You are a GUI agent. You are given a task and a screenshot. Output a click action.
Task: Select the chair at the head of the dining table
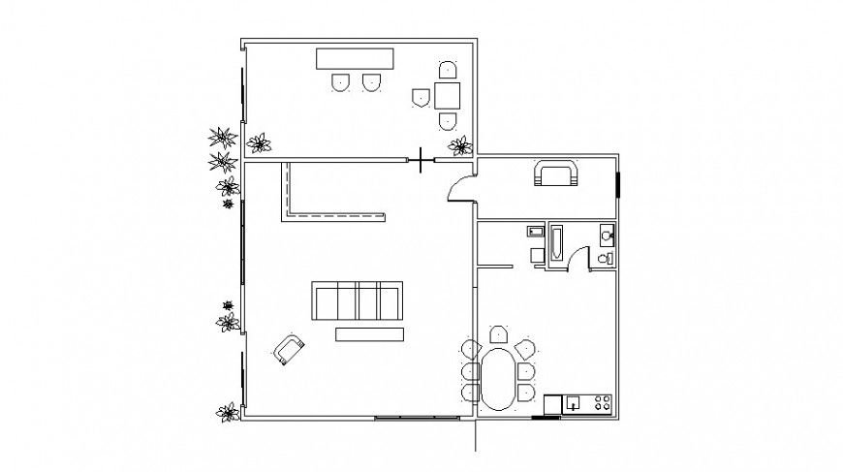(497, 335)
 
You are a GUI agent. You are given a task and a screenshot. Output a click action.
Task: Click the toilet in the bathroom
(605, 258)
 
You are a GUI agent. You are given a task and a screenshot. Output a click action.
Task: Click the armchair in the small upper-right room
(555, 174)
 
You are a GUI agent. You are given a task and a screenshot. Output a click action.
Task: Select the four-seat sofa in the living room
(357, 300)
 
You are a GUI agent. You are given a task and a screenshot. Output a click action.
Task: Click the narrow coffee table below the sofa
(369, 334)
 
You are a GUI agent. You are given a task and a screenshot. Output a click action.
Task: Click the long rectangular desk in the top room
(355, 58)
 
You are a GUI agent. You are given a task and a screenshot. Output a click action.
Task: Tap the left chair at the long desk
(340, 83)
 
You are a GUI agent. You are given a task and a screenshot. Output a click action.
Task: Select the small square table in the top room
(448, 95)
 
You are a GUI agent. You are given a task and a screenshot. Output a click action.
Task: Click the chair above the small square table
(447, 71)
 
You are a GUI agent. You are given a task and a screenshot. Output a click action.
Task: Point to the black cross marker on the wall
(421, 159)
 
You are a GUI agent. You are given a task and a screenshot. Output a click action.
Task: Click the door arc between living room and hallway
(458, 191)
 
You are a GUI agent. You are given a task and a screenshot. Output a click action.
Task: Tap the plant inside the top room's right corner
(459, 145)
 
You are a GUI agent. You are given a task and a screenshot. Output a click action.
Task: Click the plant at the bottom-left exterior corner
(228, 412)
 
